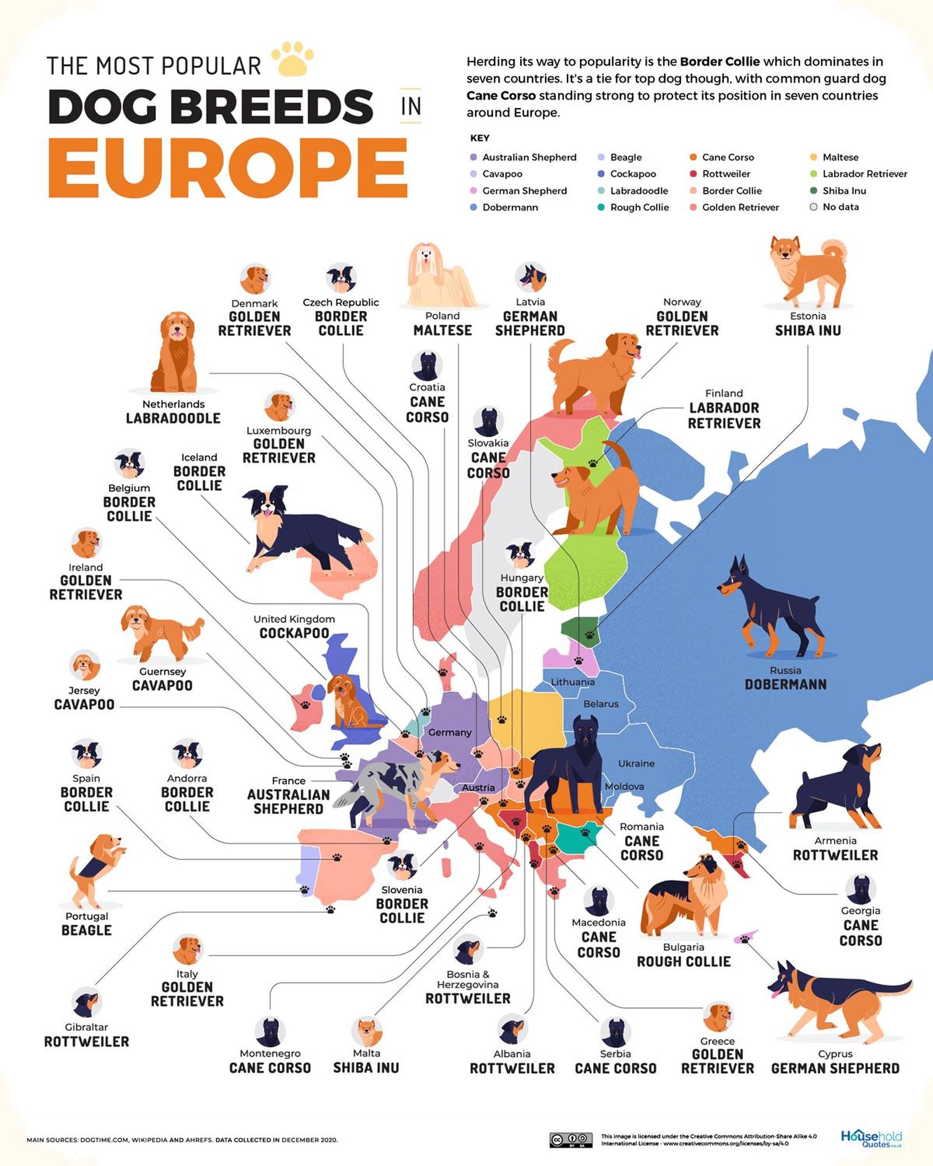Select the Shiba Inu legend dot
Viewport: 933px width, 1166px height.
(813, 191)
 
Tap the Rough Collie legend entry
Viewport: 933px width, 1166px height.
(633, 208)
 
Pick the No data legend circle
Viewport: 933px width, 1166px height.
(813, 207)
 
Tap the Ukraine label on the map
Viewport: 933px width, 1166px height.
(636, 763)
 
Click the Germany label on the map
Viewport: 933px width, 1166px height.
(450, 732)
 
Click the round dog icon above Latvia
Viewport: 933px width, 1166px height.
(530, 278)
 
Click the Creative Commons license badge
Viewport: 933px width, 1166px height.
(571, 1140)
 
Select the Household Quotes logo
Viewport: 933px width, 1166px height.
(871, 1139)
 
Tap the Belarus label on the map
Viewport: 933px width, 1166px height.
(601, 704)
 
